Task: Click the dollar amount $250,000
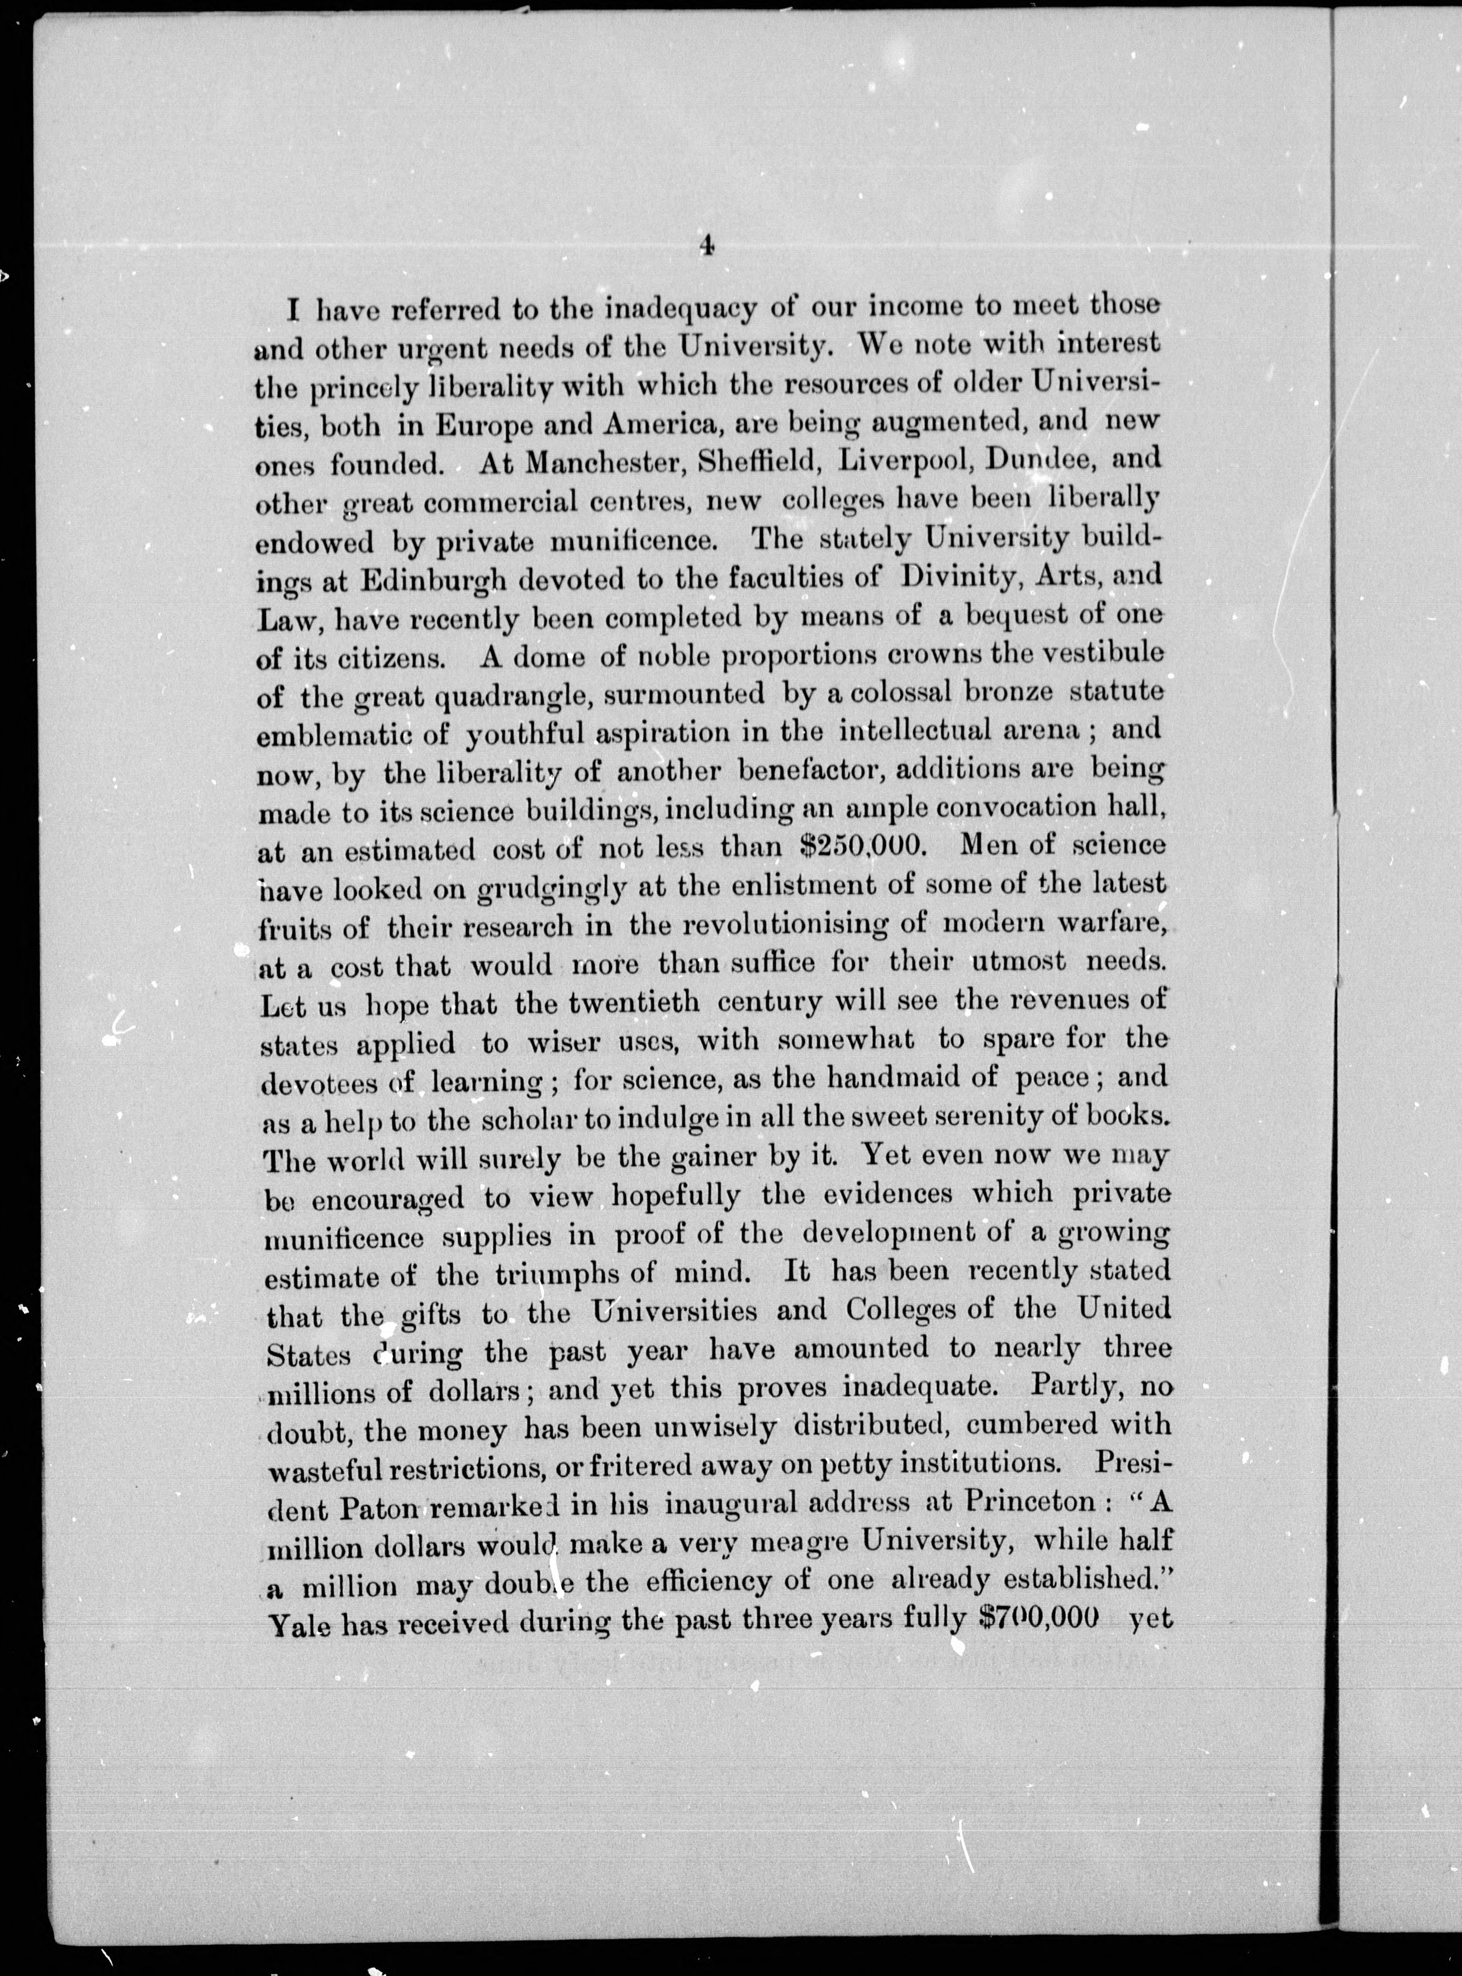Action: click(862, 846)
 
